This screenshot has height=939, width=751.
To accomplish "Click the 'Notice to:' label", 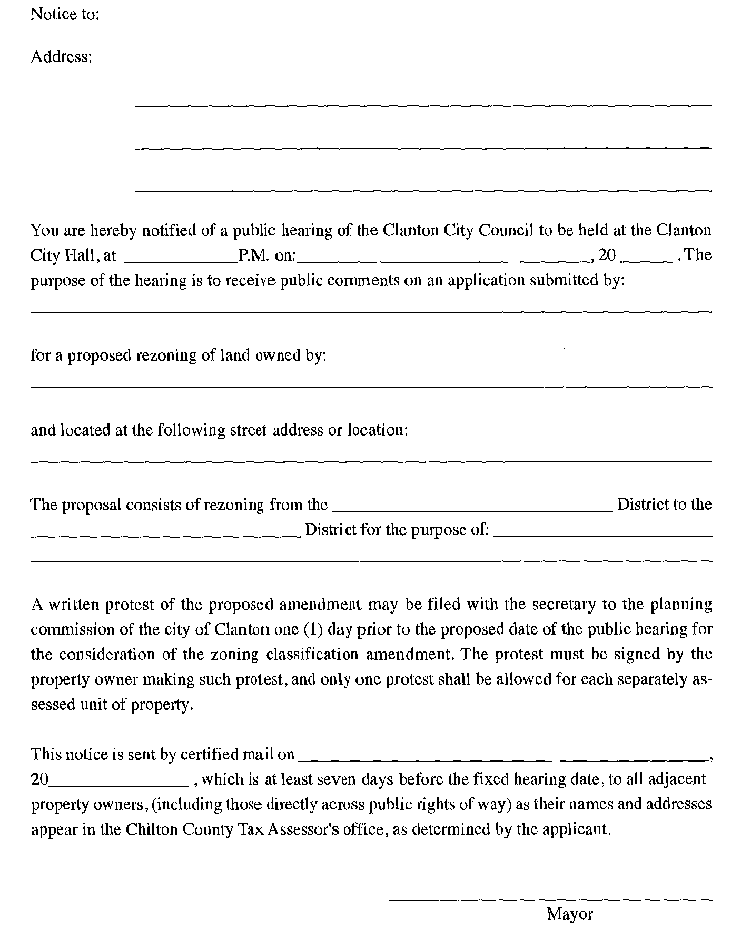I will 65,14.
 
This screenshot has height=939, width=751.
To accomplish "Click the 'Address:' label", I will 62,56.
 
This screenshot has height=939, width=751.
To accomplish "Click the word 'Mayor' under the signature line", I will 570,914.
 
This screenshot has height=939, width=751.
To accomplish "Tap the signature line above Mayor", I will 550,899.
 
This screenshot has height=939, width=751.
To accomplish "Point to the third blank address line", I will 423,189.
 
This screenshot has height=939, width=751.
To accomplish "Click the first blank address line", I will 423,105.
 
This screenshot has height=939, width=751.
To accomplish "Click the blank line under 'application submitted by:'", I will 371,312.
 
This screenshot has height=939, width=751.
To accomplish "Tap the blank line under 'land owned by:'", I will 371,387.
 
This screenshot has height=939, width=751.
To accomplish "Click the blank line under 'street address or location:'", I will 371,461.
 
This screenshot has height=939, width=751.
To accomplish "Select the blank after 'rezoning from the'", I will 473,510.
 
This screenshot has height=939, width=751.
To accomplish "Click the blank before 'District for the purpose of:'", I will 166,536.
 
